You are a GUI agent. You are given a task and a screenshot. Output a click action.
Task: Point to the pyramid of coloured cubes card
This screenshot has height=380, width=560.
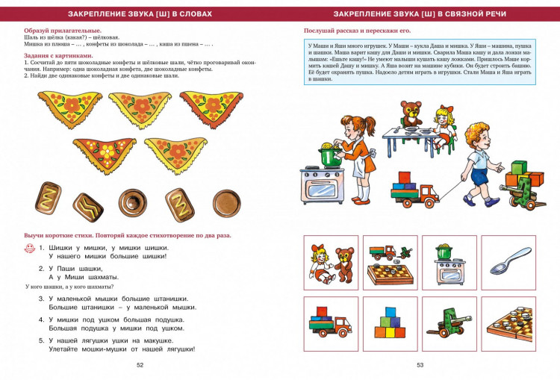pyautogui.click(x=390, y=323)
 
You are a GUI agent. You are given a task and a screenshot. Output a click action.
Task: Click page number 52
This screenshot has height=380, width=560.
pyautogui.click(x=140, y=365)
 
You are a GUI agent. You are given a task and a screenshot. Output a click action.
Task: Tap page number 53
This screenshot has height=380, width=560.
pyautogui.click(x=420, y=365)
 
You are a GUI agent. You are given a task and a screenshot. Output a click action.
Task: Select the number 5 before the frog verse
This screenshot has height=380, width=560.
pyautogui.click(x=42, y=340)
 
